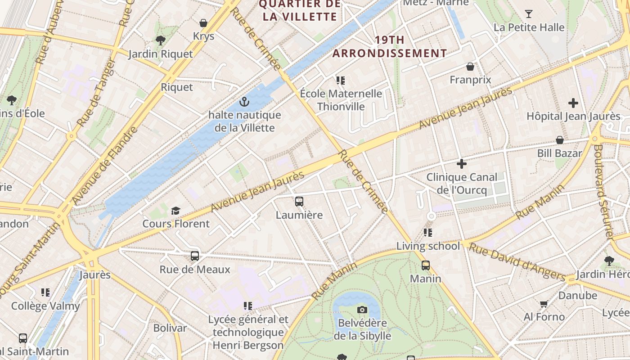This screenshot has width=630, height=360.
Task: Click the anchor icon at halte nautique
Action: click(x=244, y=102)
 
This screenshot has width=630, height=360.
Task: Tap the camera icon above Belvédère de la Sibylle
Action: click(x=362, y=310)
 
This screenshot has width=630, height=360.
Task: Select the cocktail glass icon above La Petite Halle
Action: click(x=529, y=14)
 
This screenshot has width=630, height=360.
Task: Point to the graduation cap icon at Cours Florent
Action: click(x=175, y=211)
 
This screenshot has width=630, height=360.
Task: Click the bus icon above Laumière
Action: click(x=299, y=201)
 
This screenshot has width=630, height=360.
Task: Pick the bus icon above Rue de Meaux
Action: click(x=195, y=256)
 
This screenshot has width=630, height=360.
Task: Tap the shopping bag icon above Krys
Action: click(x=203, y=23)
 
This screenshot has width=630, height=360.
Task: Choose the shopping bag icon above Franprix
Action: click(x=470, y=67)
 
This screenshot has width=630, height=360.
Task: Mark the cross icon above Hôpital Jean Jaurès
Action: click(x=573, y=103)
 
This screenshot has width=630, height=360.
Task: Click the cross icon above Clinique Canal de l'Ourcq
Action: click(x=461, y=164)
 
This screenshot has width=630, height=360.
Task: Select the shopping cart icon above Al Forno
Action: click(x=544, y=304)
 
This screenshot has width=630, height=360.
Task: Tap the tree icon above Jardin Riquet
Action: click(x=160, y=40)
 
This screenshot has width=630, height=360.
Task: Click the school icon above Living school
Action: click(x=428, y=233)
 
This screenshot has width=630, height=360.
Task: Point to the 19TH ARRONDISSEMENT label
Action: click(x=390, y=46)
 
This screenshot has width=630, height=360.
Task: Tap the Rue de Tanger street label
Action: click(x=96, y=92)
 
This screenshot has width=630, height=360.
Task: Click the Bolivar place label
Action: click(x=170, y=328)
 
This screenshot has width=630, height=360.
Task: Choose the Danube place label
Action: click(x=578, y=296)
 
